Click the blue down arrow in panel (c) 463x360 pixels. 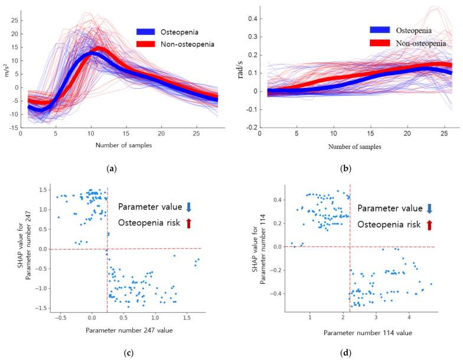pos(188,207)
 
